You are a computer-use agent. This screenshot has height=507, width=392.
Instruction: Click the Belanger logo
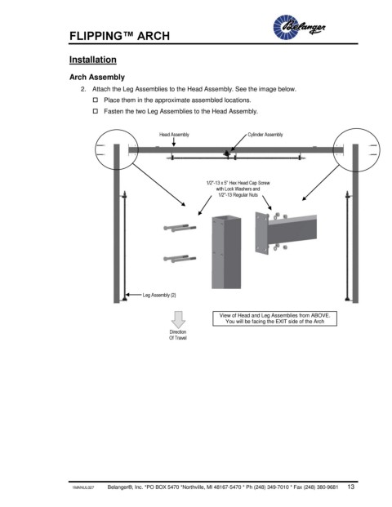point(299,27)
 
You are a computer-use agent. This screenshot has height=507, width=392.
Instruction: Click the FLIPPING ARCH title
point(119,36)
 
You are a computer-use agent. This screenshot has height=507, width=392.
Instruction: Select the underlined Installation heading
point(93,60)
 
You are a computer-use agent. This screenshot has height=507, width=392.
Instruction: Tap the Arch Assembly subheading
point(97,78)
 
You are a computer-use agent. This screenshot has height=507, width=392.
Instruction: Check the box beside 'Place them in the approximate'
point(96,100)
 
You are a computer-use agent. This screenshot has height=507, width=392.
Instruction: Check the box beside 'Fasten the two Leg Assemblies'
point(96,111)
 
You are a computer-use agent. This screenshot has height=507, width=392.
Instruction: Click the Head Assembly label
point(174,135)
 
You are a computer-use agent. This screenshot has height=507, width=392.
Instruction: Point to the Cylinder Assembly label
point(265,135)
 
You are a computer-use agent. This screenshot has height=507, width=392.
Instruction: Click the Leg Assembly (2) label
point(159,295)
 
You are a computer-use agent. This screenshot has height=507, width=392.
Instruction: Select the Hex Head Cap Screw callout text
point(238,189)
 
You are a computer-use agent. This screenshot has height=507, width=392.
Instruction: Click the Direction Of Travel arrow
point(178,319)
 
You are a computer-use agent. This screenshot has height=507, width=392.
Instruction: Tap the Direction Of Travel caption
point(178,335)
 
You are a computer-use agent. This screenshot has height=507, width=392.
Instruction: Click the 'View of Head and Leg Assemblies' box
point(274,318)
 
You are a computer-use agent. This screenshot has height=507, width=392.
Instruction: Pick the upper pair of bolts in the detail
point(180,228)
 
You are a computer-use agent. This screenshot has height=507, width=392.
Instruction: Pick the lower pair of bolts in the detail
point(180,259)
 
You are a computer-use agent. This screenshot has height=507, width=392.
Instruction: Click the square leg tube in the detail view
point(226,252)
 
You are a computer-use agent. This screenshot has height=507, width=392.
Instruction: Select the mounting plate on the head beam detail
point(261,233)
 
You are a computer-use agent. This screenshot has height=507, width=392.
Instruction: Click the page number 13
point(351,487)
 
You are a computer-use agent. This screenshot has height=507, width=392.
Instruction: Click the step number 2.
point(83,89)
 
